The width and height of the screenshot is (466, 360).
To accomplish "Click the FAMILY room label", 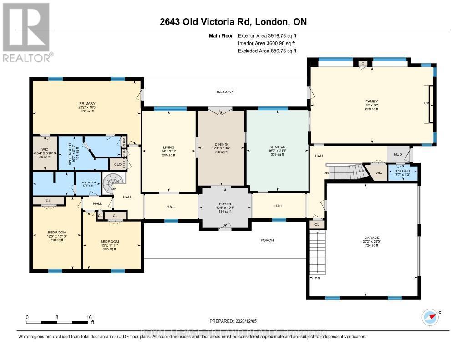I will tap(372, 101).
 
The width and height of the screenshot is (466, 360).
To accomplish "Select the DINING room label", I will tap(220, 144).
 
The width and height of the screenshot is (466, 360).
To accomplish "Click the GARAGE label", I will tap(372, 238).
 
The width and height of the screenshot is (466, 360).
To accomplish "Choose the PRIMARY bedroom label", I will tap(86, 103).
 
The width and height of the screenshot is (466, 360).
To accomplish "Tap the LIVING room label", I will tap(169, 147).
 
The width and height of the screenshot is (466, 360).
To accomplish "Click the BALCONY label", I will tap(225, 92).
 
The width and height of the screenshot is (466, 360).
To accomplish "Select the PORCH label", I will tap(267, 240).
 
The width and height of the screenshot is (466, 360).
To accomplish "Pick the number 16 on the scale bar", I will tap(89, 317).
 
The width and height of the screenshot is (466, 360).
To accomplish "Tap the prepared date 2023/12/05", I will tap(236, 321).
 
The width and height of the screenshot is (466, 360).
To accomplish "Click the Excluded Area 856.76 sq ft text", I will tap(267, 51).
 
